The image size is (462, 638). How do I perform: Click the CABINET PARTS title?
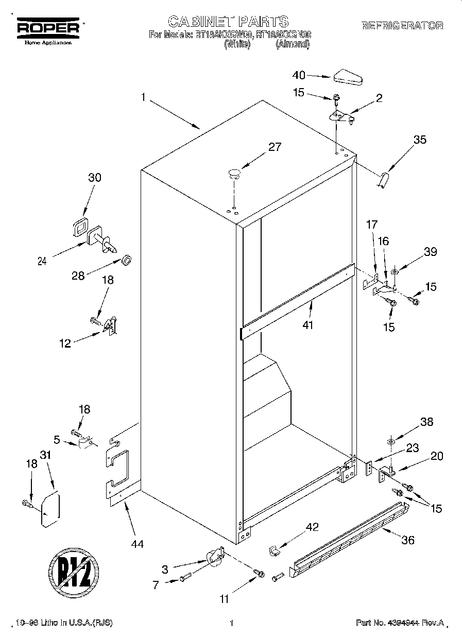[229, 21]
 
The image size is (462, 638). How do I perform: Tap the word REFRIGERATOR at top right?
[402, 26]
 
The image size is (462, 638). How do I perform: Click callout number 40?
[299, 75]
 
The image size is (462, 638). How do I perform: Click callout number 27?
[275, 147]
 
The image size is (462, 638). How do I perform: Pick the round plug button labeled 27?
[234, 173]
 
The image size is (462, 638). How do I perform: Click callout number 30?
[94, 178]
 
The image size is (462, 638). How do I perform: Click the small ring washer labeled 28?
[126, 258]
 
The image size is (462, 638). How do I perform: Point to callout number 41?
[309, 325]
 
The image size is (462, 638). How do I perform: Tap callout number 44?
[138, 543]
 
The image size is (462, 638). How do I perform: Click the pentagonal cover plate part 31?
[50, 510]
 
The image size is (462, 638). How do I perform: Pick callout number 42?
[312, 527]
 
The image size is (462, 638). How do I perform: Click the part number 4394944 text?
[399, 623]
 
